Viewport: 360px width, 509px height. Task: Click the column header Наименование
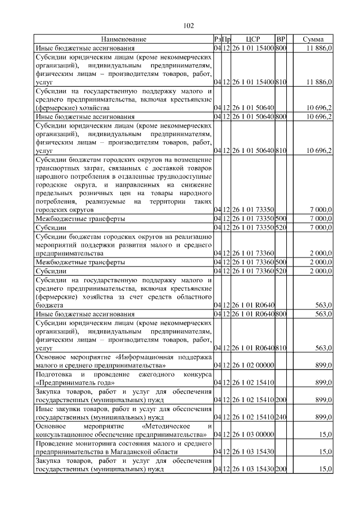coord(124,39)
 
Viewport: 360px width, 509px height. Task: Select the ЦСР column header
coord(253,39)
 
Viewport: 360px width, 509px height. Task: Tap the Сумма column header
coord(313,39)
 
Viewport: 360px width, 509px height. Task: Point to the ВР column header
coord(282,39)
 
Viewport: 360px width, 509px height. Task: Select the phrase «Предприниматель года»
coord(76,383)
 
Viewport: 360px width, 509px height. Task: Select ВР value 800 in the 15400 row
coord(282,48)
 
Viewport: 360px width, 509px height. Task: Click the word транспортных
coord(58,168)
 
